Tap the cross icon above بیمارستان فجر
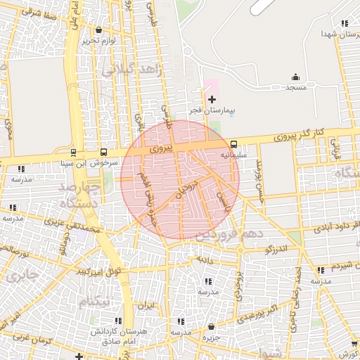(x=212, y=100)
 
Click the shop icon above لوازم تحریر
(x=98, y=30)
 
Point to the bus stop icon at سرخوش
(x=104, y=152)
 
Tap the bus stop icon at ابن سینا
(x=73, y=152)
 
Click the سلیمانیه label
(x=233, y=153)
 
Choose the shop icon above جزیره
(x=212, y=327)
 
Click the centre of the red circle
(x=180, y=179)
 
